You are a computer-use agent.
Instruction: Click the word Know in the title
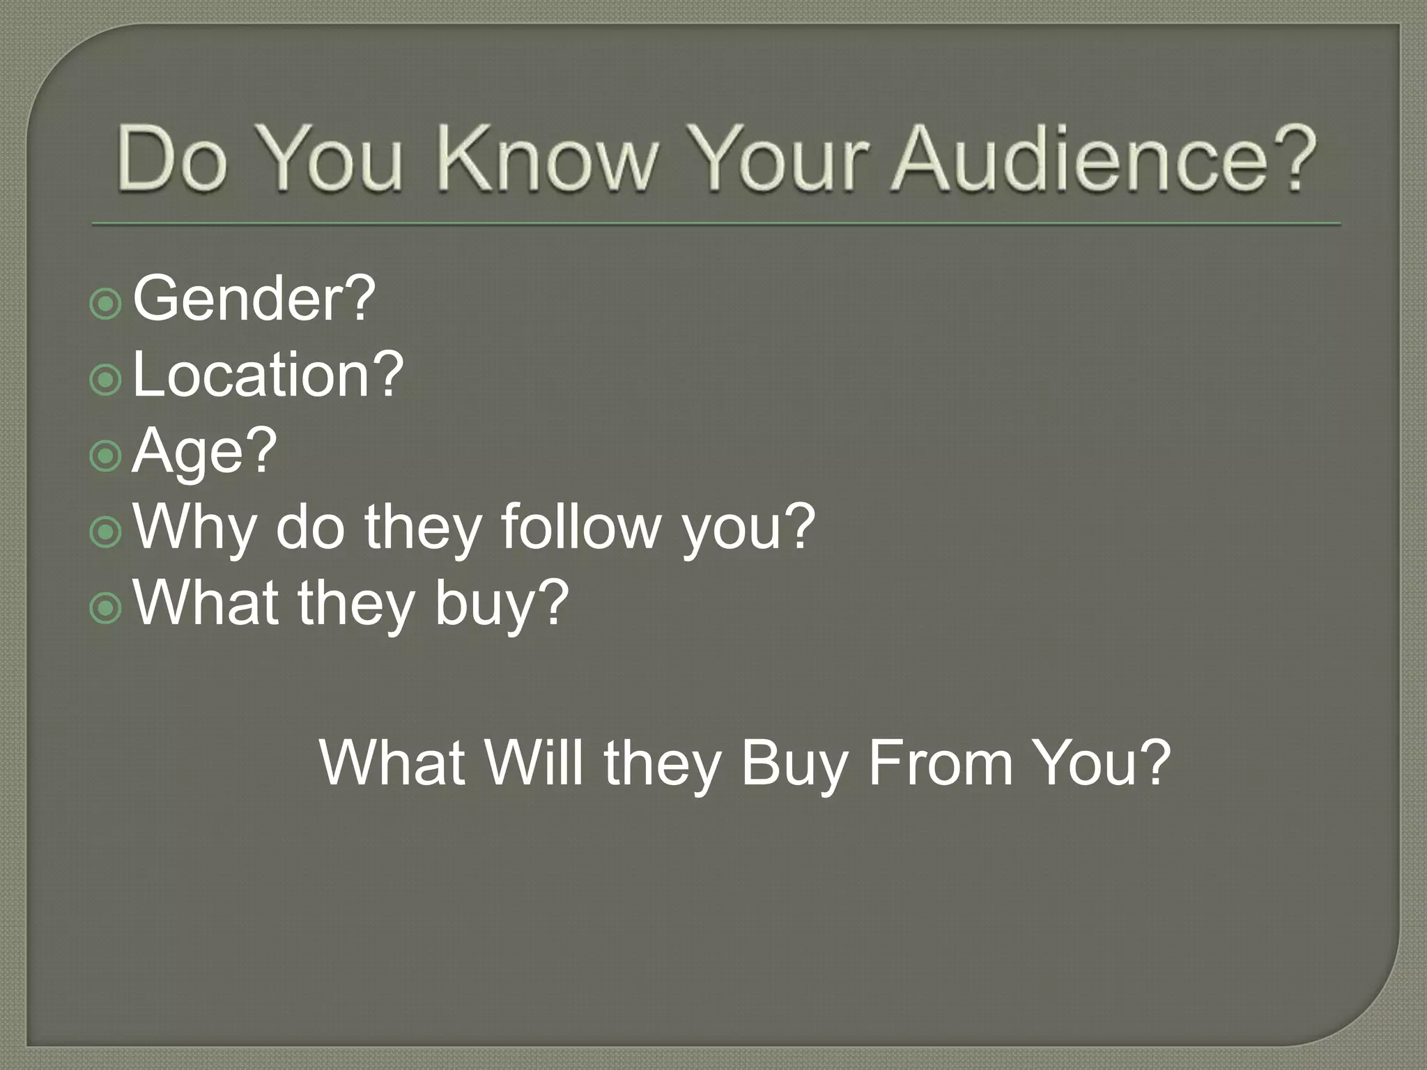pos(547,159)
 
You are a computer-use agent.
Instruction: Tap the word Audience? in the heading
pos(1105,159)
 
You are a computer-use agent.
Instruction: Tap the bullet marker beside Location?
pos(106,380)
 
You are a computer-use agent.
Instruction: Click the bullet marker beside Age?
pos(106,456)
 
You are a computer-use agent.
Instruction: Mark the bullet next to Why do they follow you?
pos(106,533)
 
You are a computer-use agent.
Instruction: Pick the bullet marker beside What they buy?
pos(106,609)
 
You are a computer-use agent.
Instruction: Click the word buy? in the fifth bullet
pos(502,605)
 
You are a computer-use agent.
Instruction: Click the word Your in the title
pos(785,159)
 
